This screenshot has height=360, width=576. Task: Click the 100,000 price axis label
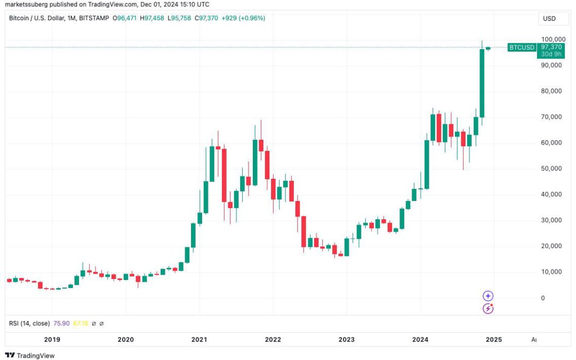553,39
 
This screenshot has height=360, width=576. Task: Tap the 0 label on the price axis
543,298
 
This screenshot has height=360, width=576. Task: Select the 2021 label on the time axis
199,339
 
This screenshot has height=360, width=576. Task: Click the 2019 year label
52,339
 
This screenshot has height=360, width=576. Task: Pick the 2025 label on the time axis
493,339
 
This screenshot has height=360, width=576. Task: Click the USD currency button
549,19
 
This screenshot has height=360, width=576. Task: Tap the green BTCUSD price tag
521,47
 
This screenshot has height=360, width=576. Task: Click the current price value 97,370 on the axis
551,47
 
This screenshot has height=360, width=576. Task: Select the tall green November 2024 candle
482,83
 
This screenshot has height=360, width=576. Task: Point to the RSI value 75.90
62,323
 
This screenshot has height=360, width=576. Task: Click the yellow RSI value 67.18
81,323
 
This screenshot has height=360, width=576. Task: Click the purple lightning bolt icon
488,308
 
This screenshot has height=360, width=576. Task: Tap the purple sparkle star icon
488,296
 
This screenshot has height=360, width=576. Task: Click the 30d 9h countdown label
551,54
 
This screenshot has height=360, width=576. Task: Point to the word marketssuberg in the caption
24,4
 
